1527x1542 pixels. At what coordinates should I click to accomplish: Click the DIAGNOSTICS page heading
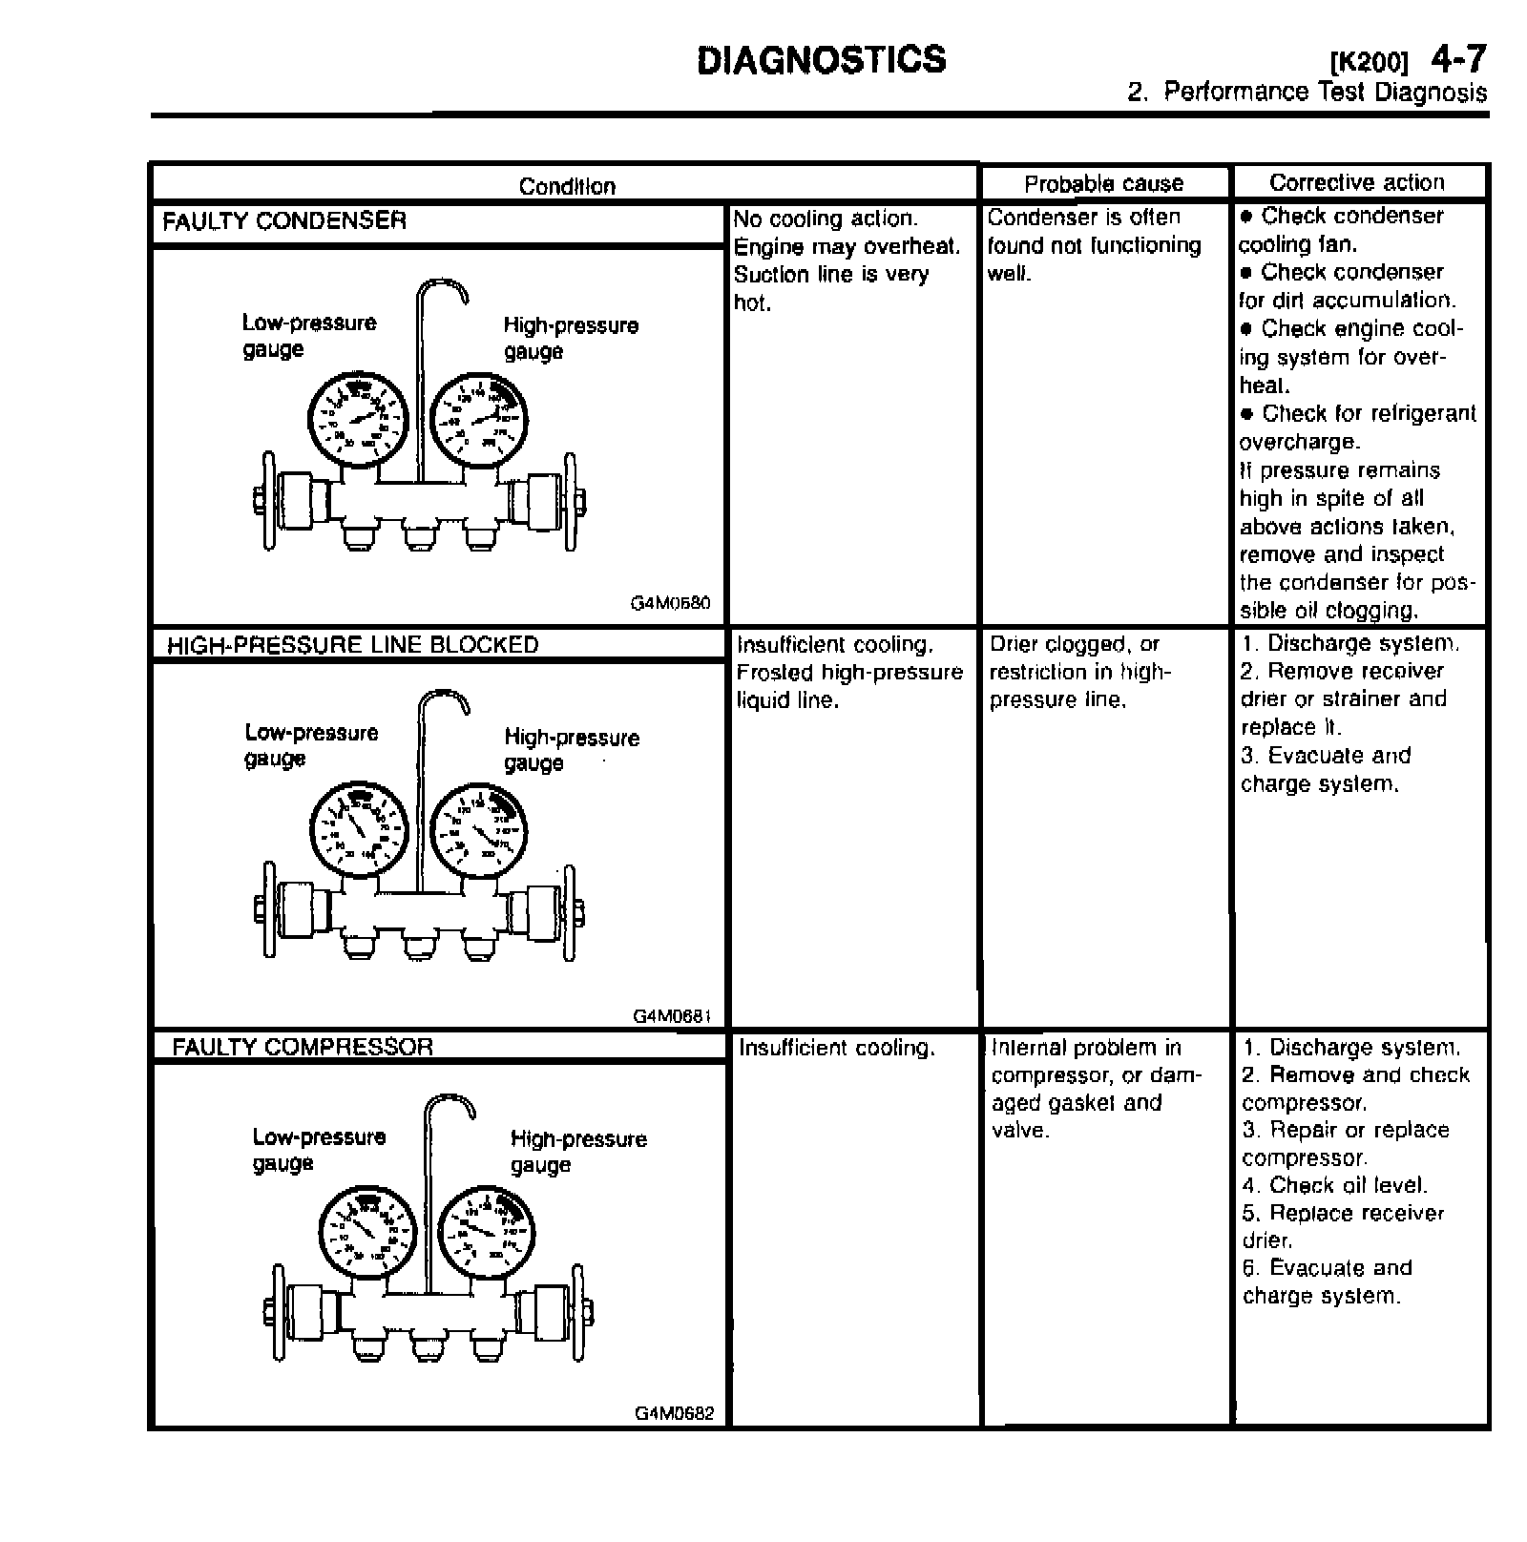(x=822, y=59)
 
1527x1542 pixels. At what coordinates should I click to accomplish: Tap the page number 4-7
(x=1457, y=59)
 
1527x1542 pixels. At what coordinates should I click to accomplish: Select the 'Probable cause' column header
(x=1103, y=183)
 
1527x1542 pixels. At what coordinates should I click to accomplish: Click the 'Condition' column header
(x=567, y=186)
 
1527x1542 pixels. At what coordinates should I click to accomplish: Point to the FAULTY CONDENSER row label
(x=284, y=221)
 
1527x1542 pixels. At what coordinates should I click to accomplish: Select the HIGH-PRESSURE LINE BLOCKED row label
(x=352, y=645)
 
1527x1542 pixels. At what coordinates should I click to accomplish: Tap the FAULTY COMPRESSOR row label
(x=303, y=1047)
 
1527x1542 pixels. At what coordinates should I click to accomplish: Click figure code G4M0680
(x=670, y=603)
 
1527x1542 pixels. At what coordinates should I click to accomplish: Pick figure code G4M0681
(x=672, y=1016)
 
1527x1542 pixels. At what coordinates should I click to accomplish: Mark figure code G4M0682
(x=674, y=1413)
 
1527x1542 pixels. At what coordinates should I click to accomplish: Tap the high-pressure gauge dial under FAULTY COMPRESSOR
(x=487, y=1231)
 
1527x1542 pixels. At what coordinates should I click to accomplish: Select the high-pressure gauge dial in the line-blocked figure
(x=479, y=828)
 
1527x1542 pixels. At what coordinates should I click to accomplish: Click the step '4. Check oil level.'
(x=1334, y=1185)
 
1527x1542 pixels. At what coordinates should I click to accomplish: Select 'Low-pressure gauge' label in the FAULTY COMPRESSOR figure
(x=319, y=1149)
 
